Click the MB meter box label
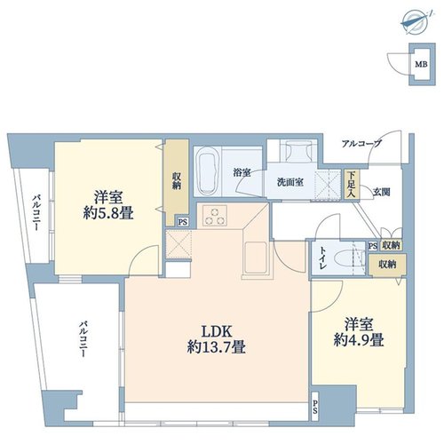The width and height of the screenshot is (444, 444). (421, 64)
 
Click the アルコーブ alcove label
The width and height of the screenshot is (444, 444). (361, 144)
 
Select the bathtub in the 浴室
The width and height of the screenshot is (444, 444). (207, 170)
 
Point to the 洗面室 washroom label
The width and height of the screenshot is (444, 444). (290, 182)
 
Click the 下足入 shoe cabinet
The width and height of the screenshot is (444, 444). (352, 184)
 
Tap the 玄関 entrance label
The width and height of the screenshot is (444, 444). (381, 192)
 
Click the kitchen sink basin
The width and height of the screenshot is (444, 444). (255, 257)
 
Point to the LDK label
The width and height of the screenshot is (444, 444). (217, 331)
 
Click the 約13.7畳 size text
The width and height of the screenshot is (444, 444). (216, 347)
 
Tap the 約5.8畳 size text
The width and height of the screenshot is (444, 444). (108, 213)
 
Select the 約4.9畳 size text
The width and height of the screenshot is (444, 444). (359, 340)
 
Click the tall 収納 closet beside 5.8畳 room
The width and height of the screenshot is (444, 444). (177, 182)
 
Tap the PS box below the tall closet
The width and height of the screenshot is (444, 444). (183, 222)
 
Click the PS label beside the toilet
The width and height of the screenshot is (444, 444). (373, 246)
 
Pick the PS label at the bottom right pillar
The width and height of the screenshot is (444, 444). (314, 407)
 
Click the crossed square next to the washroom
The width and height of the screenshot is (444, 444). (328, 185)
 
